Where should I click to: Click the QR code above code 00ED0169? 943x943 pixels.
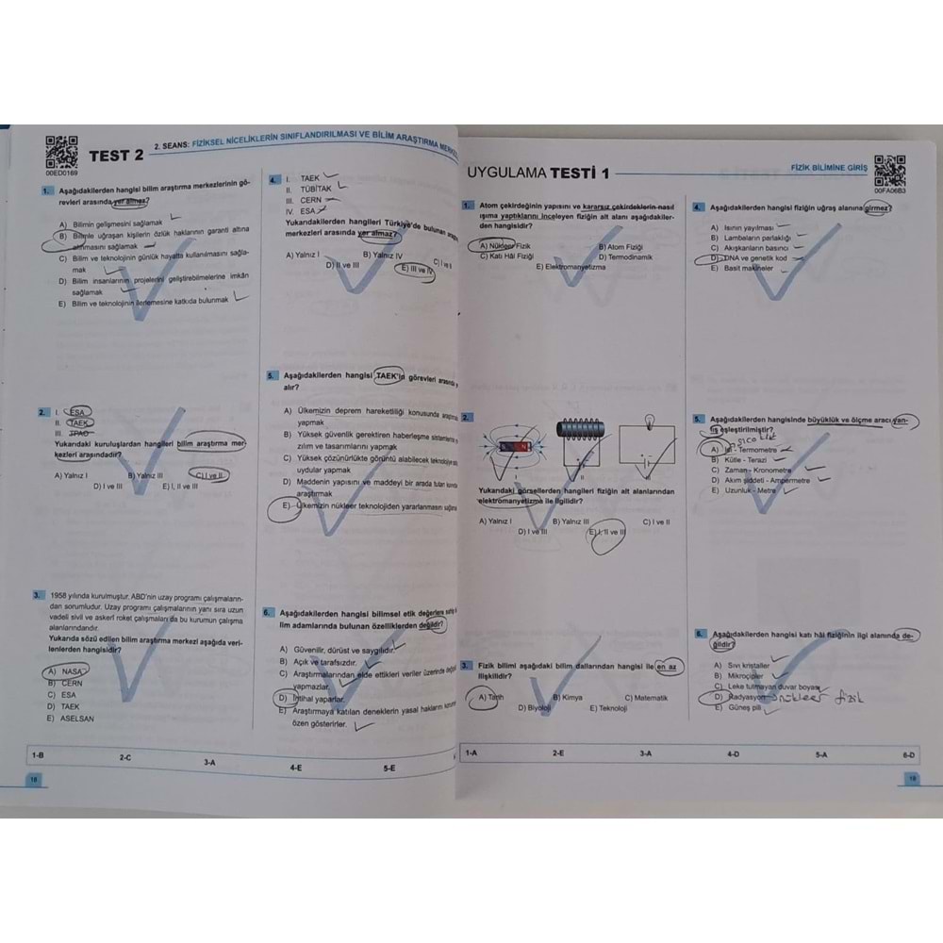tap(61, 152)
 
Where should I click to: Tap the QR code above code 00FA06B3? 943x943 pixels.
tap(889, 171)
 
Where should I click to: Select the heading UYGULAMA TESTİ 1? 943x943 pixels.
tap(538, 173)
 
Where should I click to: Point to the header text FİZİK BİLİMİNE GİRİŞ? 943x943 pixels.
tap(828, 168)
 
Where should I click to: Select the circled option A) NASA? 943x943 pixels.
tap(65, 671)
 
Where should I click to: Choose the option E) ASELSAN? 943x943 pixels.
tap(71, 719)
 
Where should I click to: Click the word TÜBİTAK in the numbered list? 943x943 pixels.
tap(315, 189)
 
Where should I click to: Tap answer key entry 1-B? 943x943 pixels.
tap(38, 754)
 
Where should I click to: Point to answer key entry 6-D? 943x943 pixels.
tap(908, 754)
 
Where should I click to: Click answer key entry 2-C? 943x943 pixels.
tap(124, 756)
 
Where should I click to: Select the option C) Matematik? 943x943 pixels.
tap(646, 698)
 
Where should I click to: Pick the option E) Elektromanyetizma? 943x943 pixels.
tap(571, 267)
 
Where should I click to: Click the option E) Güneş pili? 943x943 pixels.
tap(736, 707)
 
